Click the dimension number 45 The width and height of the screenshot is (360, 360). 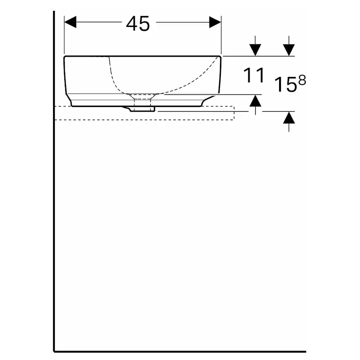pos(138,23)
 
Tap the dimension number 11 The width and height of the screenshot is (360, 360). pos(254,76)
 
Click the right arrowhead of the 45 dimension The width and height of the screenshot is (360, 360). pos(215,22)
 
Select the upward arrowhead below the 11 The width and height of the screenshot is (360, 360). pos(256,101)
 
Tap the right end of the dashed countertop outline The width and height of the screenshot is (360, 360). pos(234,113)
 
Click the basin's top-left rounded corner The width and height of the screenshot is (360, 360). pos(66,58)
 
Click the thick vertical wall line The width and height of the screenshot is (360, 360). pos(54,217)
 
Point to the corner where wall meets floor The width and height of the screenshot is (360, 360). pos(54,350)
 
